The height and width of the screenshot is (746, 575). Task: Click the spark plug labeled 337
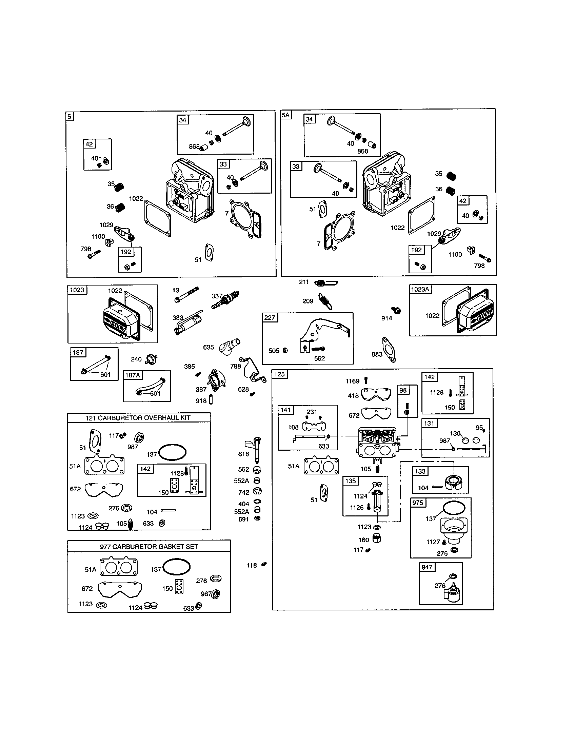point(225,299)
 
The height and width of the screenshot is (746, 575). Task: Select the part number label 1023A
point(420,289)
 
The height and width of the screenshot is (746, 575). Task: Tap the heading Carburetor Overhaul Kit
point(138,418)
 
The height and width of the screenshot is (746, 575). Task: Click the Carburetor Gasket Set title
point(149,547)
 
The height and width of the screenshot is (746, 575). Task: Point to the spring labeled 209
point(325,302)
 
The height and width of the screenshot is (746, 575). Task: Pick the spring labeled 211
point(326,283)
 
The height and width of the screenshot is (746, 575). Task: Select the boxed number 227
point(270,317)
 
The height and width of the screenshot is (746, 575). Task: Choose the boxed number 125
point(279,374)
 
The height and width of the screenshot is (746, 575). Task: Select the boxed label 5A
point(286,115)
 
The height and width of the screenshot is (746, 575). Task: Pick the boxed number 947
point(427,567)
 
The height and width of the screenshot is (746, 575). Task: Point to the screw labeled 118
point(264,564)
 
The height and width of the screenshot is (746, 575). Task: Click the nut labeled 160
point(377,539)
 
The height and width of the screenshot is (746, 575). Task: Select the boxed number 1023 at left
point(77,290)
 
